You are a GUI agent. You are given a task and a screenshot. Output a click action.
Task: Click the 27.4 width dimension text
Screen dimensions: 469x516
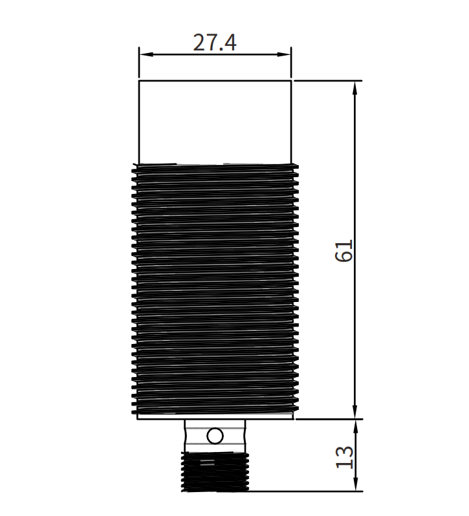[x=215, y=43]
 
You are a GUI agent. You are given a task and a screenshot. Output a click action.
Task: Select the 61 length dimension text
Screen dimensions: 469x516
[x=344, y=251]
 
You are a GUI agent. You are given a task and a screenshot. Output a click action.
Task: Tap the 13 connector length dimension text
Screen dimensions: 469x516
[x=344, y=457]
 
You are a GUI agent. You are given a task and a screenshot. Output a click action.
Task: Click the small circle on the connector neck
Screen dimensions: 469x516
[x=215, y=436]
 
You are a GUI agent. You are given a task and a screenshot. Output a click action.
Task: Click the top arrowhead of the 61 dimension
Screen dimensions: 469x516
[x=354, y=88]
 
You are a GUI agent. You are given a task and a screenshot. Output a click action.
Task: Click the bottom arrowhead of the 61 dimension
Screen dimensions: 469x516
[x=354, y=412]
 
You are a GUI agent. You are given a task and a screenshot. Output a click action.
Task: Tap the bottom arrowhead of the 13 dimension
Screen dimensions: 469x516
[x=355, y=484]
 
